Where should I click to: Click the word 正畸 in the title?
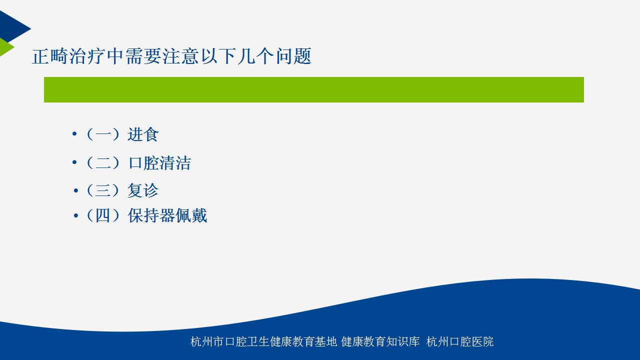(x=49, y=56)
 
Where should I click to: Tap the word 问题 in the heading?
(x=293, y=56)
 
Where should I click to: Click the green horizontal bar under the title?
(x=313, y=89)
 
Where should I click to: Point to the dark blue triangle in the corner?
(x=11, y=27)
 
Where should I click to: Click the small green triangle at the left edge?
(x=5, y=47)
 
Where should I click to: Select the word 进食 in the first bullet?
(x=143, y=134)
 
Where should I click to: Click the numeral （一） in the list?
(x=103, y=134)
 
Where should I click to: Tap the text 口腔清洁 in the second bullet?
(x=159, y=163)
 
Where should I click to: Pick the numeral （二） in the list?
(x=103, y=163)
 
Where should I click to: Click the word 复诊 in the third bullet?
(x=143, y=190)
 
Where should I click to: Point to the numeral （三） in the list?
(x=103, y=190)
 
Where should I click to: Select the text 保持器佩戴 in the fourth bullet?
(x=167, y=215)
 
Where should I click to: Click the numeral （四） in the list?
(x=103, y=215)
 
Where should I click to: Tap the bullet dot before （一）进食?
(x=74, y=133)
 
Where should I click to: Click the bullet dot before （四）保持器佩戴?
(x=75, y=215)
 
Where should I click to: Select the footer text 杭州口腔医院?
(x=460, y=341)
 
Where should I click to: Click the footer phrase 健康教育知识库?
(x=380, y=341)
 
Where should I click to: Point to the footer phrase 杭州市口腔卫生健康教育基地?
(x=263, y=341)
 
